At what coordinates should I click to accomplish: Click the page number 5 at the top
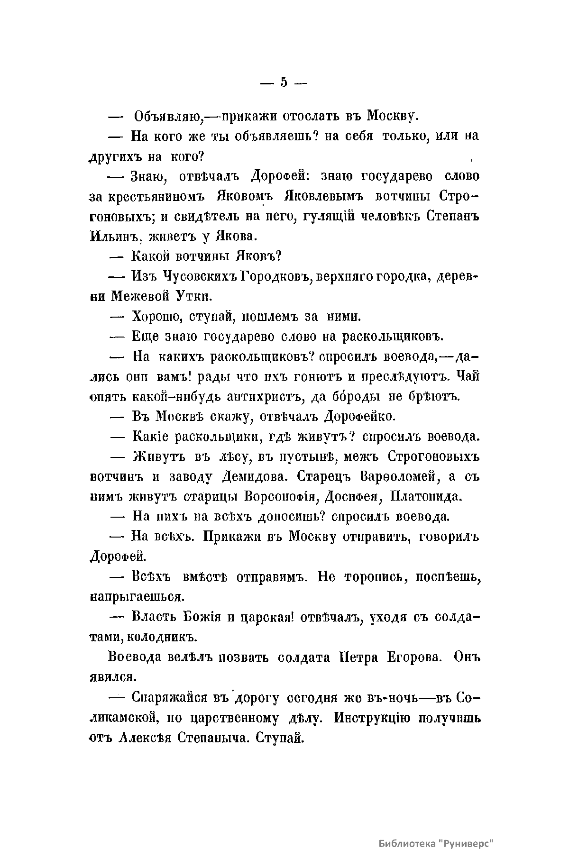pos(284,82)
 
